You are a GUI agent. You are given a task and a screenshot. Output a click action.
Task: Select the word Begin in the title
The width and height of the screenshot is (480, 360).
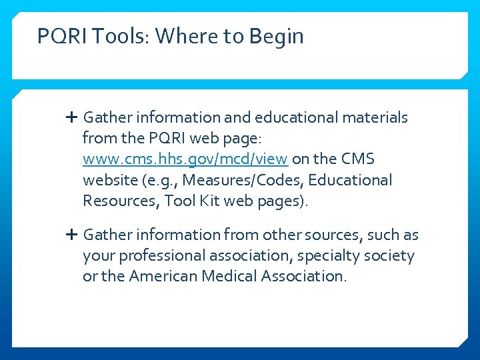(277, 36)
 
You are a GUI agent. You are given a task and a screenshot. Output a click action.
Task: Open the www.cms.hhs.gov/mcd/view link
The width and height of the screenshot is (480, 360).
(185, 159)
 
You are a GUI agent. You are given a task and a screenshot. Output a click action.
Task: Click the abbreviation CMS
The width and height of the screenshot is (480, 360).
(359, 159)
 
